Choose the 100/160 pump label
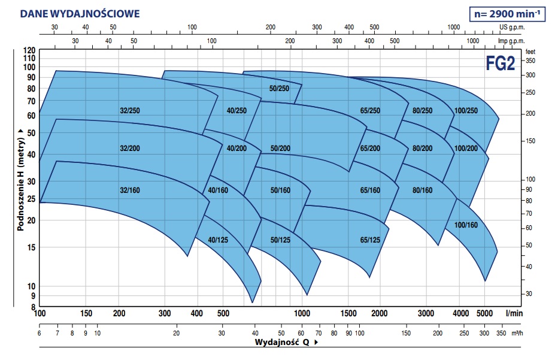pos(466,225)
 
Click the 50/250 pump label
pos(279,89)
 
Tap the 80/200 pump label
pos(422,148)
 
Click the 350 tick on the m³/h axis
pos(501,333)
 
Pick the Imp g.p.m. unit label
pos(512,41)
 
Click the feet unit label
pos(530,52)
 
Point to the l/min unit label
pos(514,314)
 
